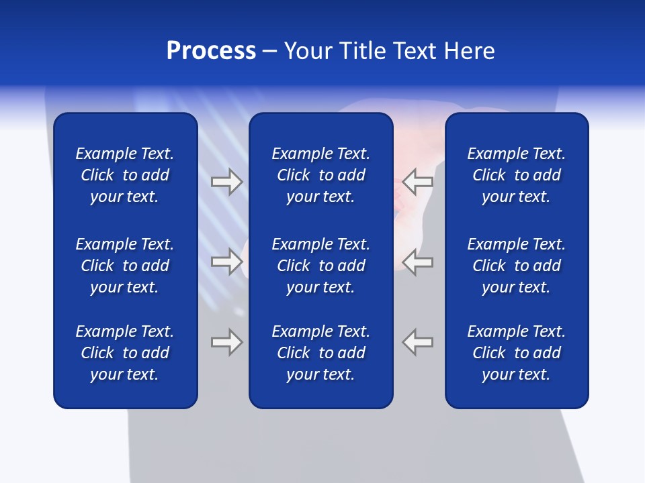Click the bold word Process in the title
point(211,51)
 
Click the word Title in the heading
point(363,51)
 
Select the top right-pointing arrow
point(227,182)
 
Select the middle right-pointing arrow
point(227,262)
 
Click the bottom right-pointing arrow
point(227,342)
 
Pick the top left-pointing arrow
point(417,182)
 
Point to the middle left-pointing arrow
point(417,262)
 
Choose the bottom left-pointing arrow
point(417,342)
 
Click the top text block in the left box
point(125,175)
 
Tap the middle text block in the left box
point(125,266)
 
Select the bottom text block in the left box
point(125,353)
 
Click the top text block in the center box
point(320,175)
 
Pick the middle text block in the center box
point(320,266)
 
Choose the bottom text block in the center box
point(320,353)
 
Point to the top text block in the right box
point(516,175)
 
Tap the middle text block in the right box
point(516,266)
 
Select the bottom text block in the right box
point(516,353)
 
